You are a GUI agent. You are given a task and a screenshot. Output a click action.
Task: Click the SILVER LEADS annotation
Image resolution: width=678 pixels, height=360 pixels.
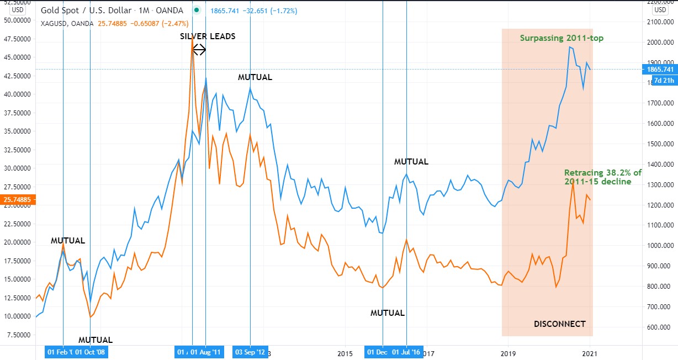208,36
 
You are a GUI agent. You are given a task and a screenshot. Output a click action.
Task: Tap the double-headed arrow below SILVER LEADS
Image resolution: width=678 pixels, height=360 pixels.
199,50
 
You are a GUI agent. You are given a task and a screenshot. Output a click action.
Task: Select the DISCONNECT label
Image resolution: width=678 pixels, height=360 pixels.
559,324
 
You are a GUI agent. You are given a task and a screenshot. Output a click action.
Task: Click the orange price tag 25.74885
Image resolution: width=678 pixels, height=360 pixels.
17,199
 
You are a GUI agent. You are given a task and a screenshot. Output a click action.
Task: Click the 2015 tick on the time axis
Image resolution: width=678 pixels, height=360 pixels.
345,352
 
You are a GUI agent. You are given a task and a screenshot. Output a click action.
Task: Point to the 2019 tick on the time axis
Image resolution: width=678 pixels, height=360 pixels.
507,352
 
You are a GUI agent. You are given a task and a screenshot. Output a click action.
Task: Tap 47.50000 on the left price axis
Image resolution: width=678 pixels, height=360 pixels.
17,39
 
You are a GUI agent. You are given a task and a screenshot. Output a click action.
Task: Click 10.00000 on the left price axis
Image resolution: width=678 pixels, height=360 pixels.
17,316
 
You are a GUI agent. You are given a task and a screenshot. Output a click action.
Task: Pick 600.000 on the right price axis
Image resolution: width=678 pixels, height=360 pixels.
660,327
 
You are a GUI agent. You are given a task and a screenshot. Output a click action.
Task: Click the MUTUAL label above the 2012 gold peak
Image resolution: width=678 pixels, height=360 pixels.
255,77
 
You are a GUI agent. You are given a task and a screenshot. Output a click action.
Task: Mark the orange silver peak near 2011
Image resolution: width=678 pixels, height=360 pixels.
192,38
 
